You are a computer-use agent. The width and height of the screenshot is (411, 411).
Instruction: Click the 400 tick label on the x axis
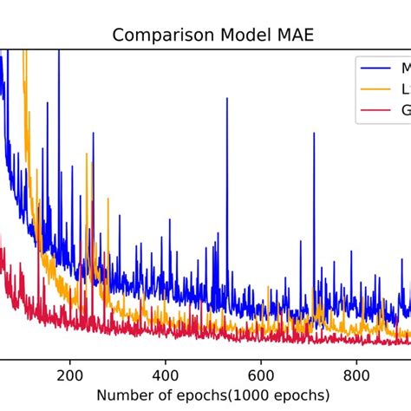[x=165, y=376]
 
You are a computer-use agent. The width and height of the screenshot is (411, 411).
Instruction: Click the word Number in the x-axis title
[x=121, y=395]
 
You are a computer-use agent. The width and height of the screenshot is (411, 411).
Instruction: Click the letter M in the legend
[x=404, y=67]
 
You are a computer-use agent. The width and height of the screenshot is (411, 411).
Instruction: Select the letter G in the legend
[x=404, y=110]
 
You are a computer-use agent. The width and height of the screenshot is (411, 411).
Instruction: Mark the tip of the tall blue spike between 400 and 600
[x=227, y=99]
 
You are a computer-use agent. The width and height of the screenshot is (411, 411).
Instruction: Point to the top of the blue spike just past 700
[x=314, y=134]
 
